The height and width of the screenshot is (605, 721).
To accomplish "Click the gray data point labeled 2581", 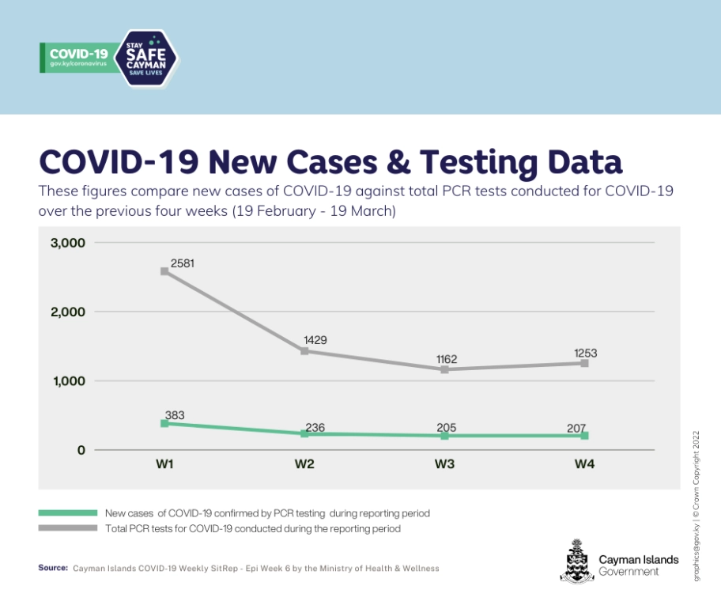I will pyautogui.click(x=164, y=271).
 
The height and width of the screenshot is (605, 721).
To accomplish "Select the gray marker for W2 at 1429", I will pyautogui.click(x=304, y=350).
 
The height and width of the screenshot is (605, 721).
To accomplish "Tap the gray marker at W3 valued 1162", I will pyautogui.click(x=444, y=369).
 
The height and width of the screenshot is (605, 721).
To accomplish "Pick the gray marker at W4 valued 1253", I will pyautogui.click(x=584, y=363).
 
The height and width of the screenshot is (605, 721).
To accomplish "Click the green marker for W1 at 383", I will pyautogui.click(x=164, y=423).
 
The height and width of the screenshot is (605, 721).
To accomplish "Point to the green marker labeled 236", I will pyautogui.click(x=304, y=433).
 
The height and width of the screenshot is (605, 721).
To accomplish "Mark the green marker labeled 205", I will pyautogui.click(x=444, y=436).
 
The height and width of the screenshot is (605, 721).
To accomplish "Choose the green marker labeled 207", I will pyautogui.click(x=584, y=436).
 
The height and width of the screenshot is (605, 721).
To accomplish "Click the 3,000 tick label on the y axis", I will pyautogui.click(x=68, y=242).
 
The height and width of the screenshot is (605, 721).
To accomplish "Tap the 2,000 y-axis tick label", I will pyautogui.click(x=68, y=312).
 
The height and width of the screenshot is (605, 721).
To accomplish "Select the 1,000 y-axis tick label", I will pyautogui.click(x=68, y=381).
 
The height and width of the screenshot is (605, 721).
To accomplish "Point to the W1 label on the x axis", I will pyautogui.click(x=164, y=465).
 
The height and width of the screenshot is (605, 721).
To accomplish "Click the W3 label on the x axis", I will pyautogui.click(x=444, y=465).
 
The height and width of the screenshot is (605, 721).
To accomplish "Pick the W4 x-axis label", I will pyautogui.click(x=584, y=465).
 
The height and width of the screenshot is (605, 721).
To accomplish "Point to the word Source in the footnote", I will pyautogui.click(x=52, y=568).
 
